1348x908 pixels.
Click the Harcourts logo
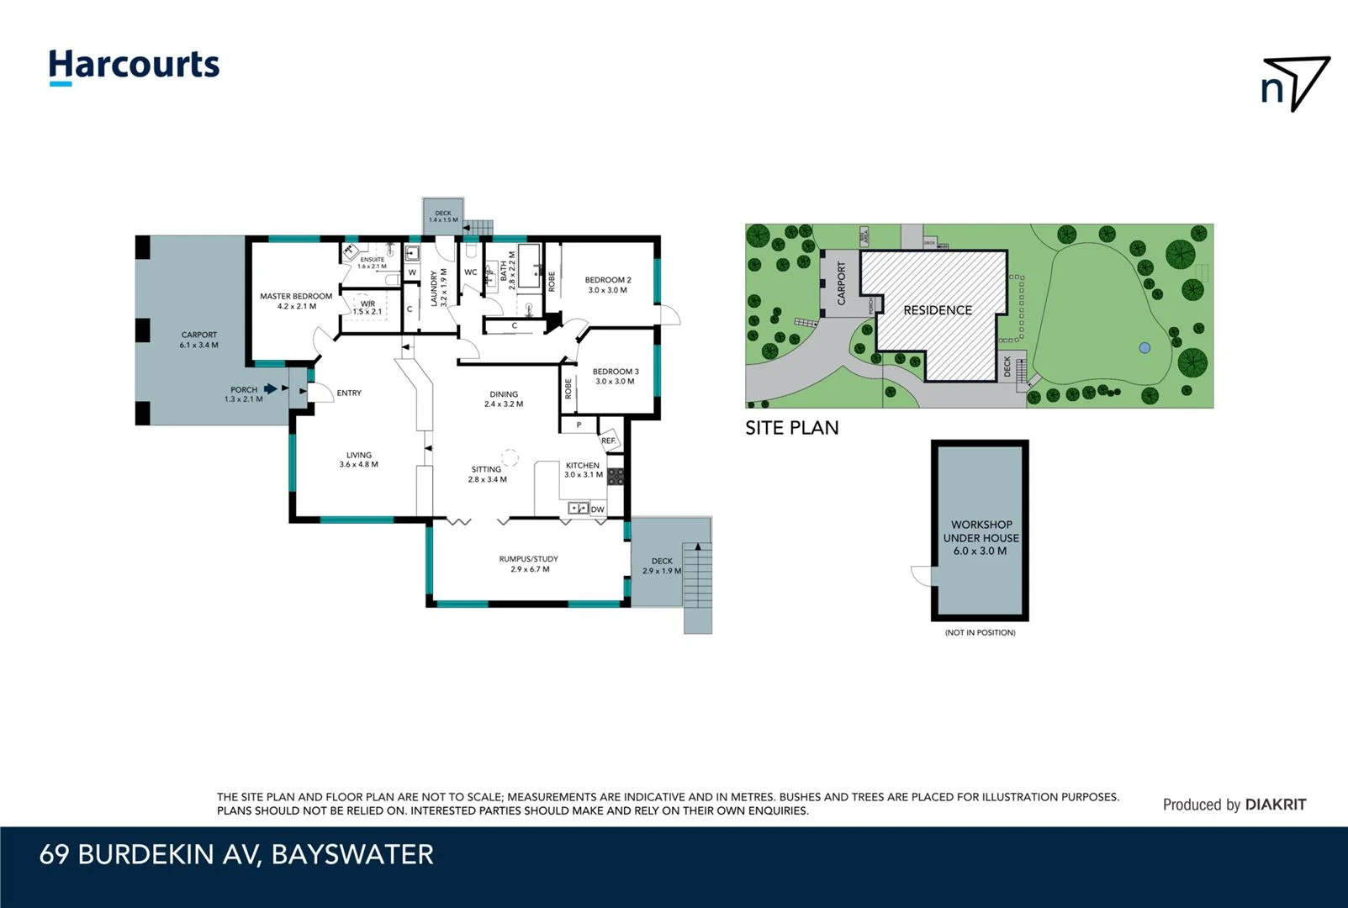point(134,66)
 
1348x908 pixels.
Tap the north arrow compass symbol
point(1295,83)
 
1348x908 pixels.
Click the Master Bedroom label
point(296,301)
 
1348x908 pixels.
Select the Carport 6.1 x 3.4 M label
point(199,340)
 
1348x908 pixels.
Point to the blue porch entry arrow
point(270,388)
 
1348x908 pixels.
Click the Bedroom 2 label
point(608,285)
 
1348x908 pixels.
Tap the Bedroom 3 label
point(616,376)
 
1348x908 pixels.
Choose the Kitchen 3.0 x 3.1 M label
point(583,470)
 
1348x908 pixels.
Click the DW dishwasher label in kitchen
point(597,509)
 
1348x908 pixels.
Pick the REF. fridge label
point(608,441)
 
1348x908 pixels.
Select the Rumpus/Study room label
point(529,563)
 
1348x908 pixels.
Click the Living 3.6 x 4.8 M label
point(359,459)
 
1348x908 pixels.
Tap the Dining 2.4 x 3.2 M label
point(504,399)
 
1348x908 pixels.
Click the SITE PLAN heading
point(791,428)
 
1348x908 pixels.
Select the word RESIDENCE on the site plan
point(938,310)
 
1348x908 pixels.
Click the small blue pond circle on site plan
point(1144,347)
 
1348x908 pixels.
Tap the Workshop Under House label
point(981,537)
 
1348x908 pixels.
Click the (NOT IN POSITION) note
point(980,632)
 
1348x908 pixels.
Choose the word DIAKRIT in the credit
point(1276,805)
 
